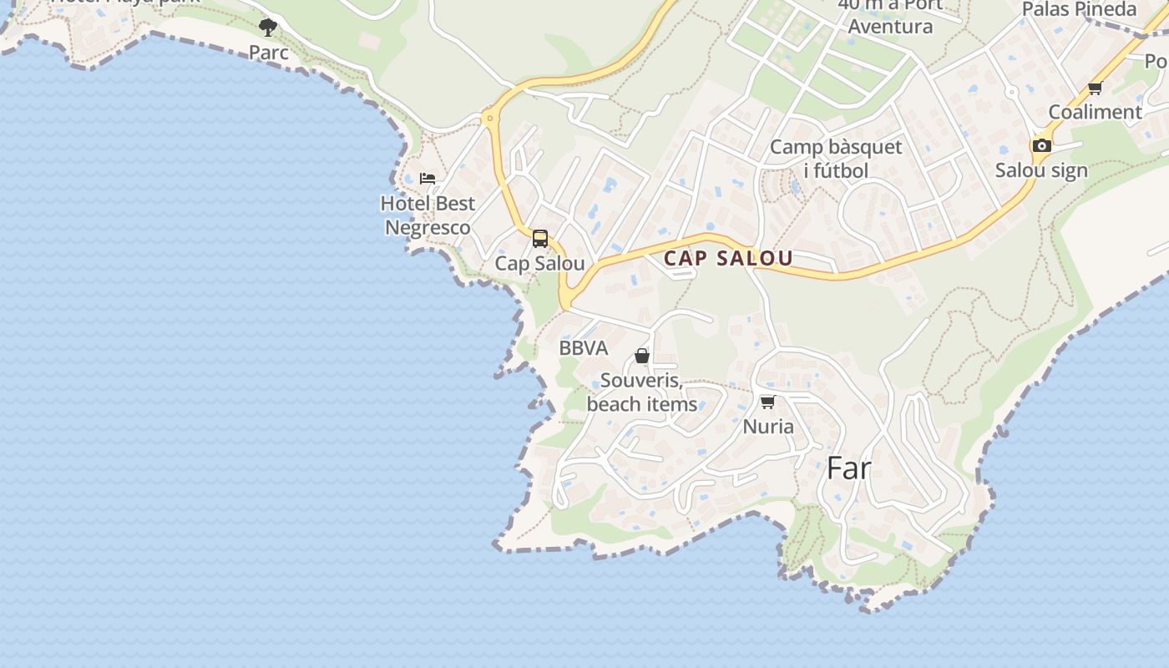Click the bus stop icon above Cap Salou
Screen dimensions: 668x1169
[x=540, y=239]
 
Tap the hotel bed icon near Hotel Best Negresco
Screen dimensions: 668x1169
[x=428, y=179]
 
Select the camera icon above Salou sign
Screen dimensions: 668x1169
[x=1041, y=145]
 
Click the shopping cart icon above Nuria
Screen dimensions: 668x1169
[x=768, y=402]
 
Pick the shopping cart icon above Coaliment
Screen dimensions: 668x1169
[x=1095, y=88]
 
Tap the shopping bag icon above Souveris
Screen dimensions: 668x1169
[x=642, y=356]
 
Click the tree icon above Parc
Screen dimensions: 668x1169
[x=268, y=28]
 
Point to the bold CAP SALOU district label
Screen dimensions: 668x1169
[x=728, y=258]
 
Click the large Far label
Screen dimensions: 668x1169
[x=848, y=468]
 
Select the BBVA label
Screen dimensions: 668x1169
[x=584, y=348]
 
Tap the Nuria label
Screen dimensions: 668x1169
[x=768, y=427]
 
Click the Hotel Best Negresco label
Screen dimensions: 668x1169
[x=428, y=215]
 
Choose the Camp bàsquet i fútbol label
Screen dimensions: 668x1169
[x=836, y=159]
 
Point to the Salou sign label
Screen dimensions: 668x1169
[x=1041, y=170]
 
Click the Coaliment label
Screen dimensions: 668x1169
[x=1095, y=112]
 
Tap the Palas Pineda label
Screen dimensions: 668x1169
[x=1080, y=9]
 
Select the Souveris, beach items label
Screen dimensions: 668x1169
[x=642, y=393]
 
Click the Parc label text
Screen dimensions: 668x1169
[x=269, y=52]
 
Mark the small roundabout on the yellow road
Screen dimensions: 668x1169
[x=489, y=119]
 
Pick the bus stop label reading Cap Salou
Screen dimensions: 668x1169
[x=539, y=263]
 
